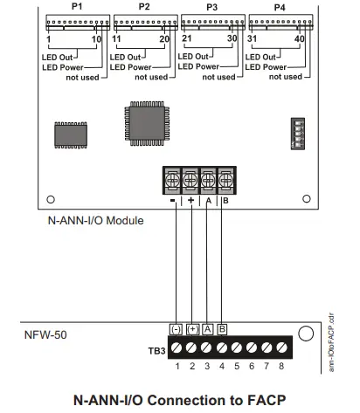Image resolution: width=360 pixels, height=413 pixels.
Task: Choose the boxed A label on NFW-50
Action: pyautogui.click(x=207, y=329)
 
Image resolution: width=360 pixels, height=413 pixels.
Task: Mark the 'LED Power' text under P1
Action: pyautogui.click(x=60, y=65)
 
